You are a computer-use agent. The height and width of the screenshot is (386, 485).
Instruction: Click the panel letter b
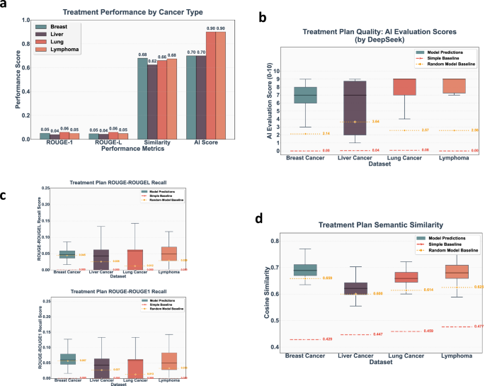[x=263, y=16]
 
